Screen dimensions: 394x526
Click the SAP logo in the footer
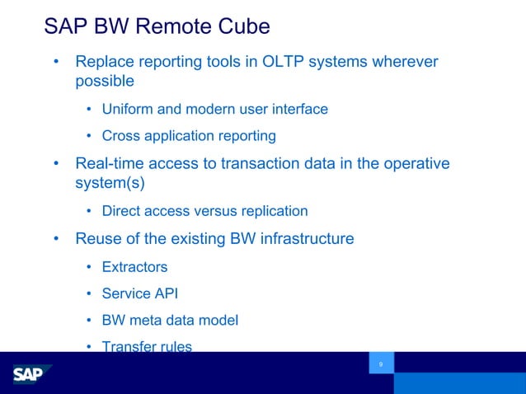[32, 374]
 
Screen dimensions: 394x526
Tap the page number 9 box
[381, 364]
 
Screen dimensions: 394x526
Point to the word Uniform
[128, 109]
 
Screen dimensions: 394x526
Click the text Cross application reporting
[188, 135]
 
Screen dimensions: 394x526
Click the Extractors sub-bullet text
[134, 267]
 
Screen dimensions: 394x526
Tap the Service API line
[139, 293]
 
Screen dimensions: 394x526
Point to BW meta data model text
[170, 320]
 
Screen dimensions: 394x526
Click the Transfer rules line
[147, 346]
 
